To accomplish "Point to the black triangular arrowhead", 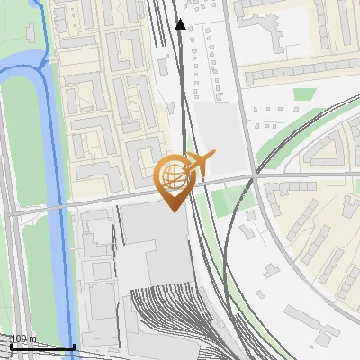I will point(180,24).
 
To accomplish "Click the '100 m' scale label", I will point(22,338).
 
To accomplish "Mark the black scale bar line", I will point(40,346).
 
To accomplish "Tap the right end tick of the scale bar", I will point(74,345).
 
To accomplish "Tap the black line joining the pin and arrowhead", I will point(183,90).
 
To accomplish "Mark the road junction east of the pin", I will point(256,176).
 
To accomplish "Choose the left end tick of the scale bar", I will point(8,345).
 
